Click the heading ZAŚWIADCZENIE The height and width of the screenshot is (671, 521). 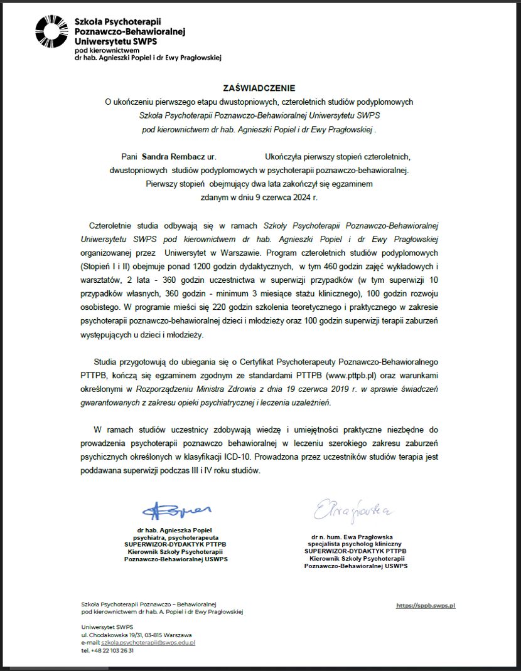[259, 88]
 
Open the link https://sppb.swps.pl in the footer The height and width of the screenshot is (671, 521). [426, 606]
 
